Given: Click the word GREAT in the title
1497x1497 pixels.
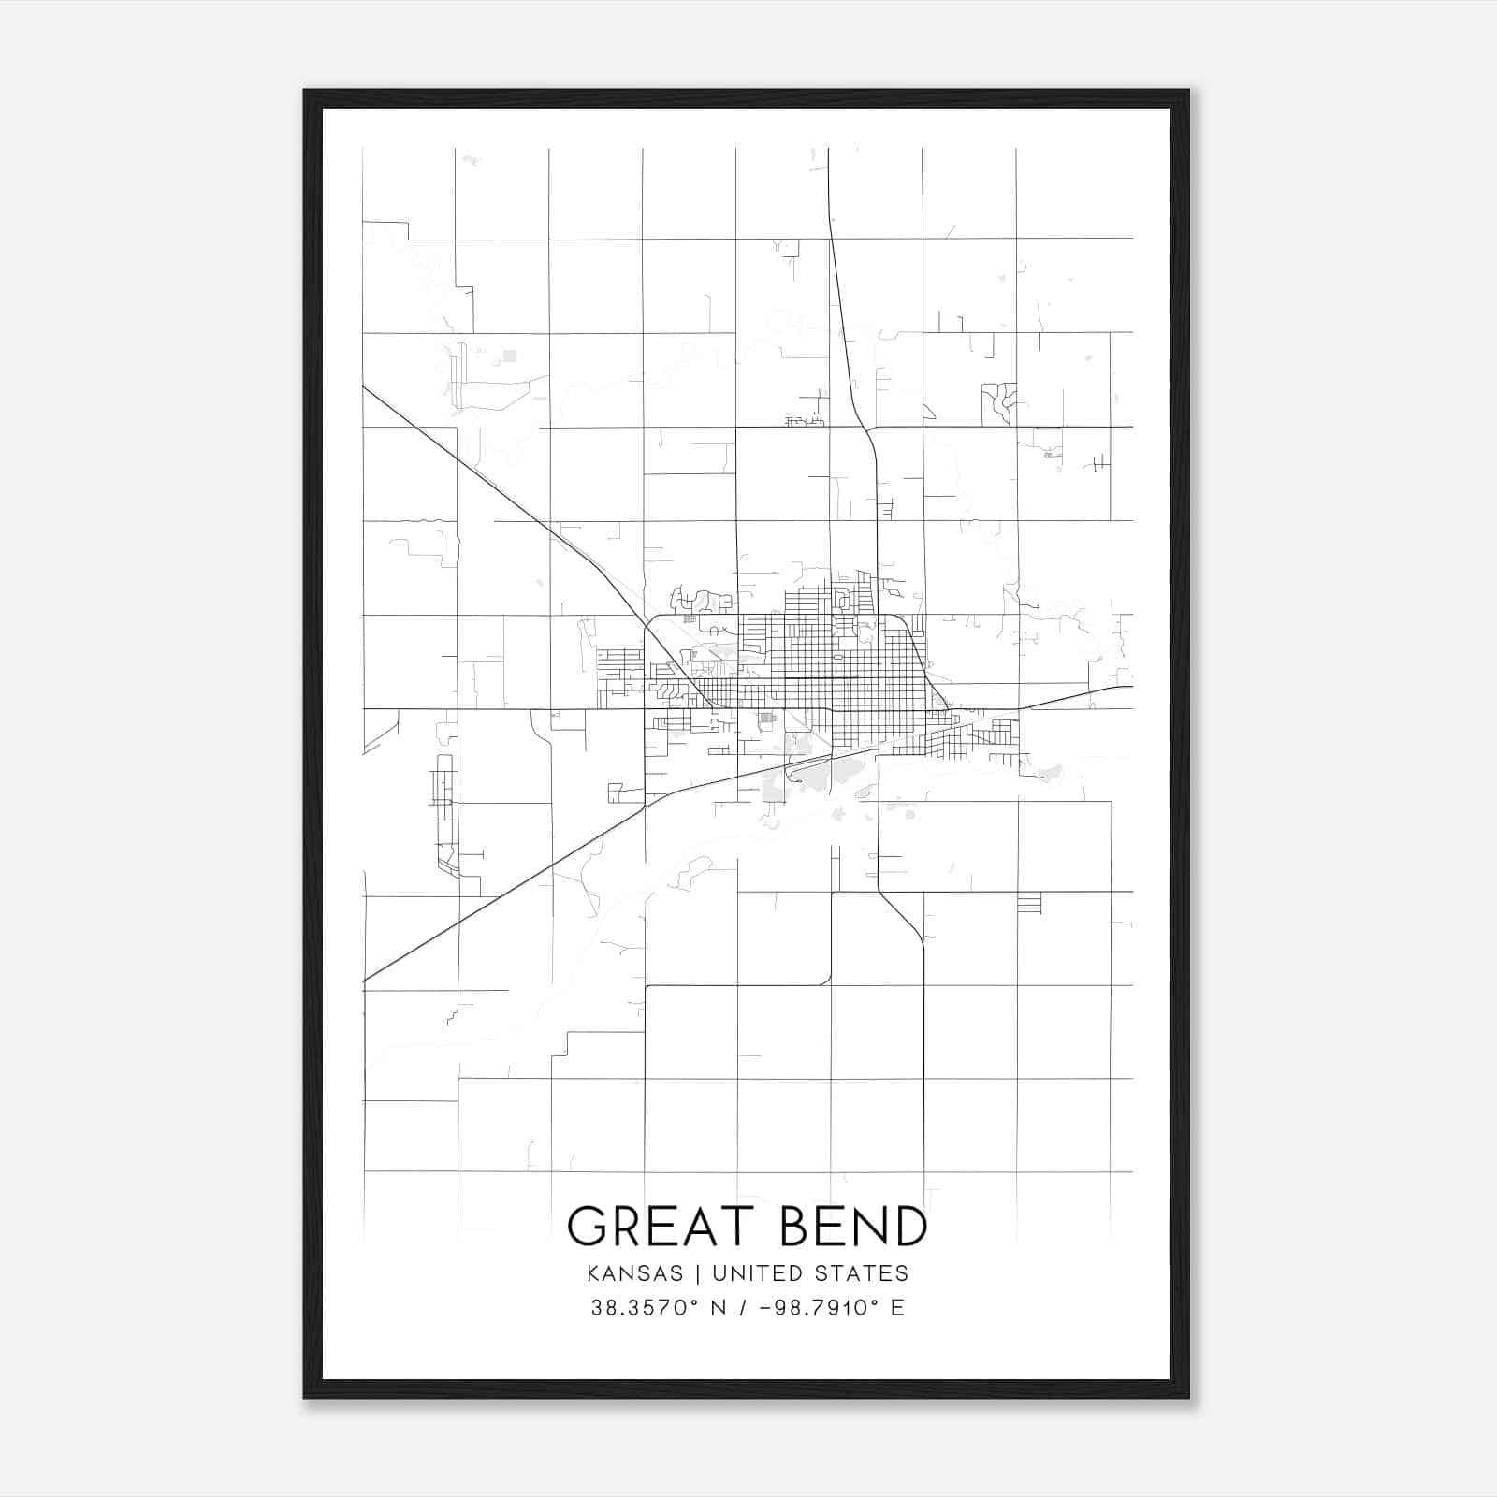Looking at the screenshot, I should coord(661,1227).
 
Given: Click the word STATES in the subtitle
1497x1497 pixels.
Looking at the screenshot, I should coord(861,1273).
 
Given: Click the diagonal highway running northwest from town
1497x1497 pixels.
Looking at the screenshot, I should coord(505,501).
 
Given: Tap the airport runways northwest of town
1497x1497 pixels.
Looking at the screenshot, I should coord(458,375).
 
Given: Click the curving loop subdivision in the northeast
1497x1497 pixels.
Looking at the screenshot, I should coord(999,402).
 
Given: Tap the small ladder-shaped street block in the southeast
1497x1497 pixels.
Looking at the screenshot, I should coord(1028,904).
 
